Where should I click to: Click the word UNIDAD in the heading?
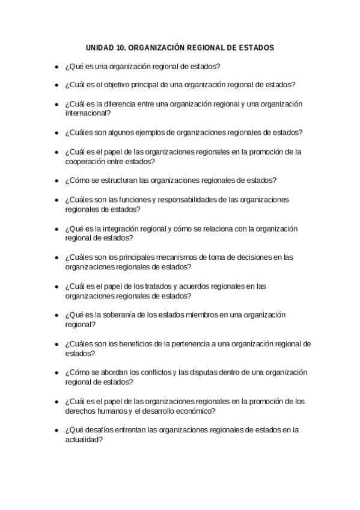(x=99, y=48)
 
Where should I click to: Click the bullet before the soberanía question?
(x=56, y=315)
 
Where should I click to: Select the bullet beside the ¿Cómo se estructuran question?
(x=56, y=180)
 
